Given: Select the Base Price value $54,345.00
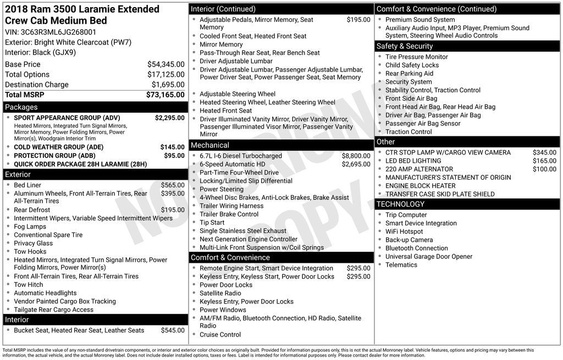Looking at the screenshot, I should point(165,64).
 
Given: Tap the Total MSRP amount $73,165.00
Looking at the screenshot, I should point(165,95).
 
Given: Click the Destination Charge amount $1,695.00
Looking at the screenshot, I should point(168,85).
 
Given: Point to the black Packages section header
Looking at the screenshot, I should point(95,107).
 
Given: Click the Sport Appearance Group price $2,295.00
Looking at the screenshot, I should point(169,118).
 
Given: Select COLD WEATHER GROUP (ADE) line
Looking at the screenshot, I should point(58,147).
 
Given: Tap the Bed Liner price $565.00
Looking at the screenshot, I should point(173,185).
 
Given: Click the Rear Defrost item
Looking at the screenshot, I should point(32,210).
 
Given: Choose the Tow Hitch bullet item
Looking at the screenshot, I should point(29,285).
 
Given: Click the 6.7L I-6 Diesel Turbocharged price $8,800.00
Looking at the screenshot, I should point(356,156).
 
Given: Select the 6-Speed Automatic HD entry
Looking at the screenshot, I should point(232,164).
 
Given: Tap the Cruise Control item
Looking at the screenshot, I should point(220,335).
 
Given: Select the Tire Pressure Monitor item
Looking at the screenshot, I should point(416,57).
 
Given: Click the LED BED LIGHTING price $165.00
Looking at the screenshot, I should point(544,161).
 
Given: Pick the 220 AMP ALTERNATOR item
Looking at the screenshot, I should point(419,169).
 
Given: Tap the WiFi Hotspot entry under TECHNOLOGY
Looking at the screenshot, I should point(404,232).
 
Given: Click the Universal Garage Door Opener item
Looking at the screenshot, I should point(428,257).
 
